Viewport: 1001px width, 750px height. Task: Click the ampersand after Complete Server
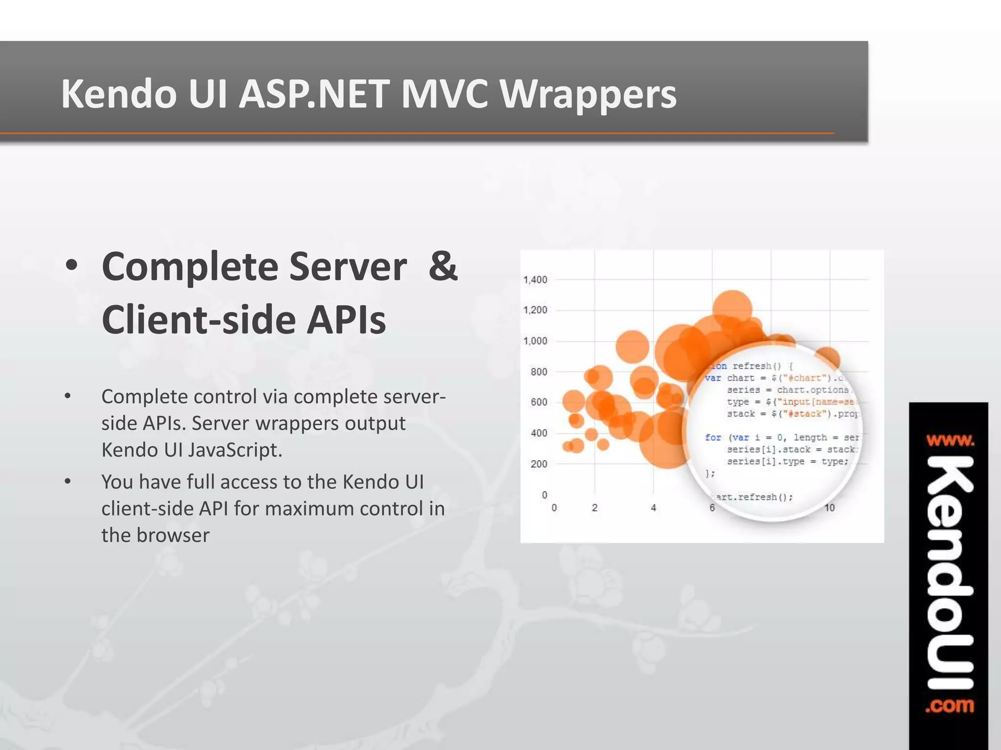(442, 267)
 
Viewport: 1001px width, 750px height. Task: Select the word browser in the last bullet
(173, 535)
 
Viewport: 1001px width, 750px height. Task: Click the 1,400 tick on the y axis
(535, 280)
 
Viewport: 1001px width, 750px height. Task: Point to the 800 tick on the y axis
(539, 372)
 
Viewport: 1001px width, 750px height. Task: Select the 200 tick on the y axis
(539, 464)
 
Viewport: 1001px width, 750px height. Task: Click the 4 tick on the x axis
(653, 508)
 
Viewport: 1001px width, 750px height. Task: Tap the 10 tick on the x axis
(829, 508)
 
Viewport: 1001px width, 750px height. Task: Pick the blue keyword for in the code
(713, 437)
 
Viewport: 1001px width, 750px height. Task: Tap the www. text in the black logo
(950, 441)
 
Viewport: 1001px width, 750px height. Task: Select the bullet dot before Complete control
(68, 396)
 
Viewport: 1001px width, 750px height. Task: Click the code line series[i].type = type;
(787, 461)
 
